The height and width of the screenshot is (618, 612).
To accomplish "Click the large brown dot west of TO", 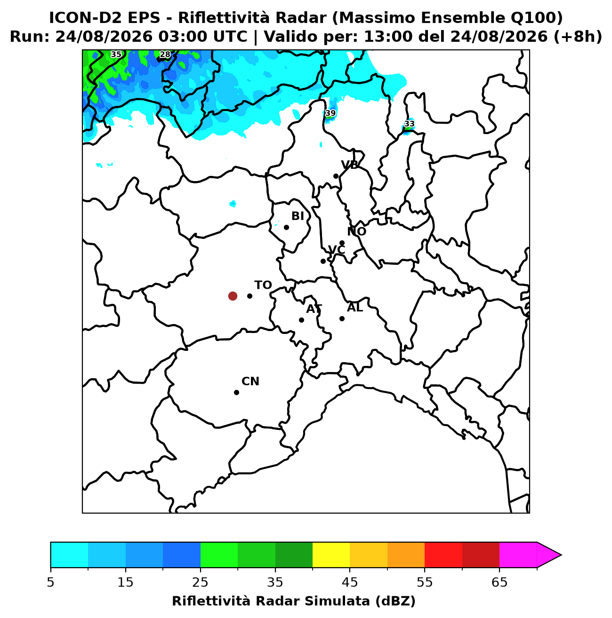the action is click(x=233, y=296).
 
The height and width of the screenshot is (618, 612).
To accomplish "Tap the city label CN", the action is click(x=250, y=381).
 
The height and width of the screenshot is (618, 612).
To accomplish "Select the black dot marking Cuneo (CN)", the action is click(x=236, y=393).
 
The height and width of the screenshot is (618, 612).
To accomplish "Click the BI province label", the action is click(x=298, y=216).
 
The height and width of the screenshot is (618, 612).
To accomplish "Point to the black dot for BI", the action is click(x=286, y=227).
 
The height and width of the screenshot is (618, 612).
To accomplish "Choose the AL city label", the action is click(x=355, y=308).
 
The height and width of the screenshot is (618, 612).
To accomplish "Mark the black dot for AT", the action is click(x=301, y=320).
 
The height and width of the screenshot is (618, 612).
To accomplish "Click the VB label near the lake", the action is click(x=349, y=165).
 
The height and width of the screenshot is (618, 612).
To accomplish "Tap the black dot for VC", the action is click(x=323, y=261).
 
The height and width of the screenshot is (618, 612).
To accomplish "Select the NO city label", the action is click(x=356, y=231).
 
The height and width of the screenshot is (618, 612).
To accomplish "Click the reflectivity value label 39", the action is click(x=330, y=113).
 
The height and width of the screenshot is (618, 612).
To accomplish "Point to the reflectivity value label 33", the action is click(x=409, y=124).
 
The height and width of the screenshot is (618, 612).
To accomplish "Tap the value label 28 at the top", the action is click(x=165, y=55).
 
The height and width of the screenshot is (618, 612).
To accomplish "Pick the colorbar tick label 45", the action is click(x=350, y=582).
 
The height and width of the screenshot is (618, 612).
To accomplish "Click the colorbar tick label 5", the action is click(x=50, y=582).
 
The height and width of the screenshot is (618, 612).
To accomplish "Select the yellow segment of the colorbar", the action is click(x=331, y=555).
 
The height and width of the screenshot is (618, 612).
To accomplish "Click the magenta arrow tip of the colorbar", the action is click(x=561, y=555).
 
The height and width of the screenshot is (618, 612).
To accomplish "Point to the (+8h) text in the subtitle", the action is click(x=578, y=37).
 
